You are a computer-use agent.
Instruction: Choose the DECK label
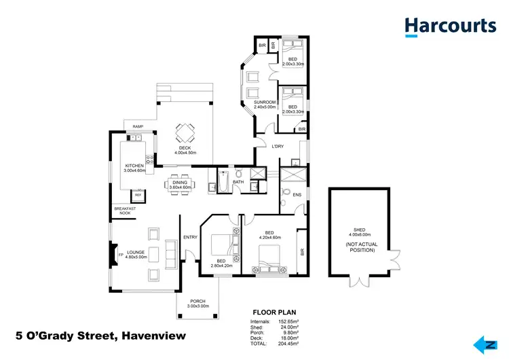coord(185,148)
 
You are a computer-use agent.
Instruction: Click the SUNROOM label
coord(265,103)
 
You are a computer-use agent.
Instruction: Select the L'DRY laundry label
coord(277,147)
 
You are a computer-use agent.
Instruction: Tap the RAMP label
coord(138,126)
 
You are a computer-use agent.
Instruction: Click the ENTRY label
coord(190,237)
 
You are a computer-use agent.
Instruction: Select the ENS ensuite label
coord(297,194)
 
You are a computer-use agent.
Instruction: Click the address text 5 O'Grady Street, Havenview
coord(100,336)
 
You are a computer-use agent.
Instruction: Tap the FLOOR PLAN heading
coord(274,313)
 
